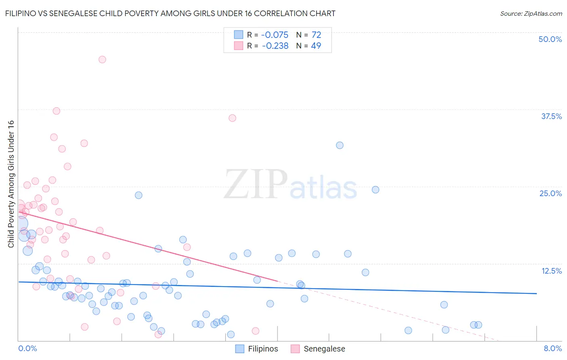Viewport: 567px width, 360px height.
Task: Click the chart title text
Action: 170,13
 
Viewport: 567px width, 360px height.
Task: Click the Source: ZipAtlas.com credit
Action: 531,13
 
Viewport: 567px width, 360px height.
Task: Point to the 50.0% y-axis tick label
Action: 550,39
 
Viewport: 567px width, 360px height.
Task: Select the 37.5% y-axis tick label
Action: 551,116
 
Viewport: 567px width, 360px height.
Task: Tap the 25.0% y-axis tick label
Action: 550,193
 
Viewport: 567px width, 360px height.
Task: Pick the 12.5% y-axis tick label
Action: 551,271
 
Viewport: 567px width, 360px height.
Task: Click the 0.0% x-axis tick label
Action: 28,348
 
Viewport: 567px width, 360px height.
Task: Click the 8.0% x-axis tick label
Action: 552,348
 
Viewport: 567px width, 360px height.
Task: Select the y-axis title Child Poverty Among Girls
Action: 11,184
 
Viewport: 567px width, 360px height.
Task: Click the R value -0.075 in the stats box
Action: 275,35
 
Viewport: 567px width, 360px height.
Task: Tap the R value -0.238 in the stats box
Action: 275,46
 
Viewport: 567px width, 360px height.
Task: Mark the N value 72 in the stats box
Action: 316,35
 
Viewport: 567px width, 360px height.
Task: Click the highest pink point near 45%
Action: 102,59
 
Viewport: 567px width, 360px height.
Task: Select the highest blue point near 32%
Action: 340,145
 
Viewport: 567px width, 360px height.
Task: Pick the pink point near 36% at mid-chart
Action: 232,118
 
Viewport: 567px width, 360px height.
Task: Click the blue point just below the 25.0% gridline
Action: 375,190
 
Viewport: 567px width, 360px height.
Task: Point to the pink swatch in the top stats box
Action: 239,46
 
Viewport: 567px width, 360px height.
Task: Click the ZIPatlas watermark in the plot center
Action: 290,185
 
